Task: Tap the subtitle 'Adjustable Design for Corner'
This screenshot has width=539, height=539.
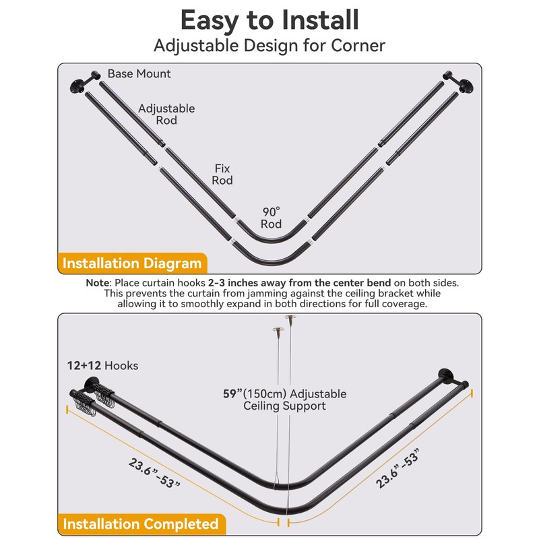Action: click(269, 46)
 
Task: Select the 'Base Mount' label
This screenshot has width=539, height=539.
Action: click(139, 73)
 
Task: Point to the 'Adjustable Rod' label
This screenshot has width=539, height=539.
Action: click(166, 114)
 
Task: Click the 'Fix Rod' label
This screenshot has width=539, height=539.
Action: click(223, 174)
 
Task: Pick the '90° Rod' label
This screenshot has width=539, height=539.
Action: click(272, 218)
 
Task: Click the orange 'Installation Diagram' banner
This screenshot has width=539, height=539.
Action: click(132, 263)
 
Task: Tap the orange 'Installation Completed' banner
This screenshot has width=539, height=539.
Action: click(140, 524)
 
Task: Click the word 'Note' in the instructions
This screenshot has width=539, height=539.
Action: click(98, 284)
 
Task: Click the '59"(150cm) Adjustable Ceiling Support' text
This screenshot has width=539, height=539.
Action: click(284, 400)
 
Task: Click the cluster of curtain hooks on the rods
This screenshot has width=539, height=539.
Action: click(97, 400)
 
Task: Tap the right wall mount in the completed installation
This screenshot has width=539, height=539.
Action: click(445, 377)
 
